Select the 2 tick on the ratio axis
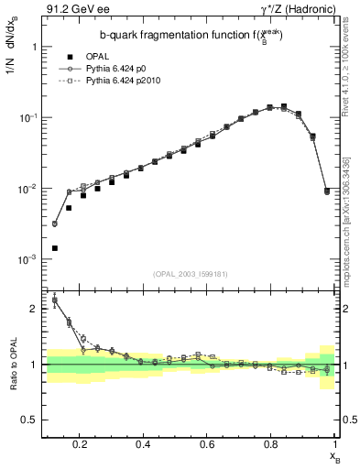[33, 309]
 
